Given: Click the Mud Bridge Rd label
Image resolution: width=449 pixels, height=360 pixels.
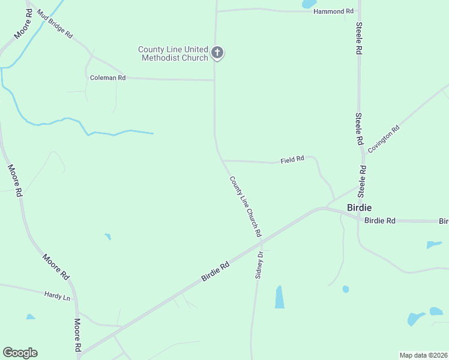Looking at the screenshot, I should (54, 24).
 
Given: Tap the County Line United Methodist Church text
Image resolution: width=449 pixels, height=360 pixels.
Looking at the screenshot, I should (173, 53).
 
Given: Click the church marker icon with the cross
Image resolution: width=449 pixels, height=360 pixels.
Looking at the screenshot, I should (217, 53).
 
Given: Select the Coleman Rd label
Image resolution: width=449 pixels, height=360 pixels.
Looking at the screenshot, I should (107, 78).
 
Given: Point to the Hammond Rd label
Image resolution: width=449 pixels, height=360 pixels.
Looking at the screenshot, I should (333, 11).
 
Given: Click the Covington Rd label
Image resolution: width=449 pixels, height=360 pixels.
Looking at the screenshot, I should (384, 139).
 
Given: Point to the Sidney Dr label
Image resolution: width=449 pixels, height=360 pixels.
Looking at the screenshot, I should (260, 264).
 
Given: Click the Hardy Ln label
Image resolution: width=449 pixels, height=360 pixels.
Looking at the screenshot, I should (57, 295).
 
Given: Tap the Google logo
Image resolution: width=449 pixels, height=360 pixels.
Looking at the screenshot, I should (20, 353).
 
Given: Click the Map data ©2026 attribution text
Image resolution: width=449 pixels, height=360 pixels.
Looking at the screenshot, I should (423, 355).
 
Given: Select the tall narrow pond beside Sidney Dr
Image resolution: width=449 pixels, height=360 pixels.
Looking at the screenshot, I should (279, 297).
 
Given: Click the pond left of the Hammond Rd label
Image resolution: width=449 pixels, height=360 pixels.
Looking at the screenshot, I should (309, 4).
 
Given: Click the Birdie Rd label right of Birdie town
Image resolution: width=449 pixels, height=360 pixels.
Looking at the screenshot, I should (379, 221).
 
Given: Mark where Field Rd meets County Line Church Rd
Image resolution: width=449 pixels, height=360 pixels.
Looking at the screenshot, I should (223, 160).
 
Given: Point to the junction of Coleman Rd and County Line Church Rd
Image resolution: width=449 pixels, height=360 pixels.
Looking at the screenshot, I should (214, 80).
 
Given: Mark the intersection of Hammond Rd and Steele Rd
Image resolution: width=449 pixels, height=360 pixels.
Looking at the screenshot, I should (359, 11).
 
